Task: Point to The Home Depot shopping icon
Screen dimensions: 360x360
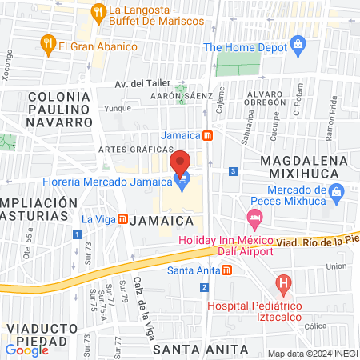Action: [298, 42]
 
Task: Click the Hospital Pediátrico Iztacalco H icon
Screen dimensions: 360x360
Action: [282, 282]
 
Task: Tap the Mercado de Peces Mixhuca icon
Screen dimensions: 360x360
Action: [336, 191]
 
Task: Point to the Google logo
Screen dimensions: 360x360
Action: [26, 350]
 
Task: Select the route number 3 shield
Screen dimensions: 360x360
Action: [233, 171]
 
